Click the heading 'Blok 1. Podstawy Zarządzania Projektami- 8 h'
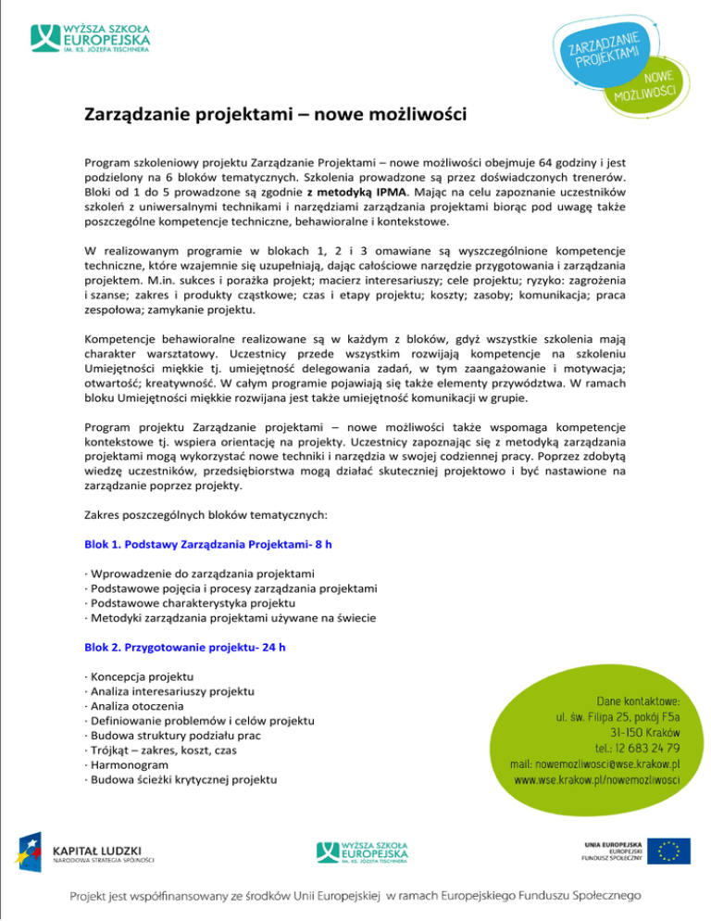(208, 545)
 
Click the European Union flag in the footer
(668, 851)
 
